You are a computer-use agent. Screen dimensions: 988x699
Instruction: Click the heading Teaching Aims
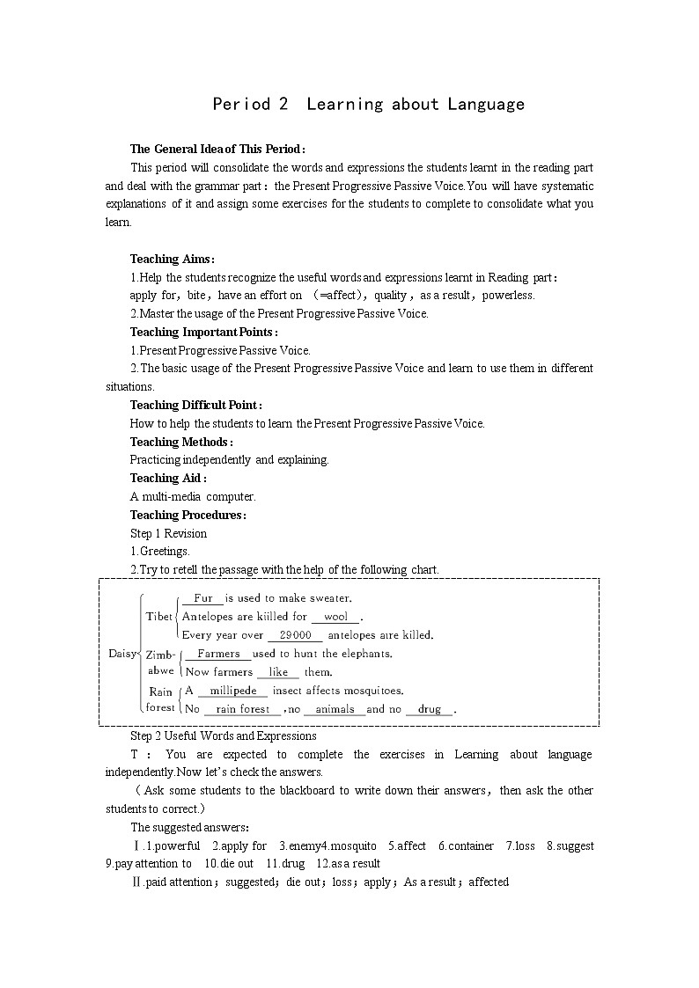coord(172,259)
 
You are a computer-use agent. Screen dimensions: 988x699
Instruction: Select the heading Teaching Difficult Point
coord(195,405)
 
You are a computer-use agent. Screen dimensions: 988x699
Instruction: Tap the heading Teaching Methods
coord(180,442)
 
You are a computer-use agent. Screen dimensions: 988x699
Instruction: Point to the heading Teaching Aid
coord(168,478)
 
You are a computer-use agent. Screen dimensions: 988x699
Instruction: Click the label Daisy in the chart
coord(122,653)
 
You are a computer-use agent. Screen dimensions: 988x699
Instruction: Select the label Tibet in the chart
coord(159,616)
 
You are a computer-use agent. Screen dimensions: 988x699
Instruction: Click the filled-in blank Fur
coord(203,598)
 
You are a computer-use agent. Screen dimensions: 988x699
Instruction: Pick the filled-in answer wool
coord(336,617)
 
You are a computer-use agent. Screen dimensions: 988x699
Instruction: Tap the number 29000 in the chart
coord(296,635)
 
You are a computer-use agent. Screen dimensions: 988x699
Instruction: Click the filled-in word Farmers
coord(218,654)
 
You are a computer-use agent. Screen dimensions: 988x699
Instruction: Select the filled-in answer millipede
coord(233,691)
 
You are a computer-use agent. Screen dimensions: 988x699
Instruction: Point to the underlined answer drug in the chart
coord(430,709)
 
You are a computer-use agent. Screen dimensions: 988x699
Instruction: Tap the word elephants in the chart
coord(363,654)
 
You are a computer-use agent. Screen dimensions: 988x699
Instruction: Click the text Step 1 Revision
coord(168,533)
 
